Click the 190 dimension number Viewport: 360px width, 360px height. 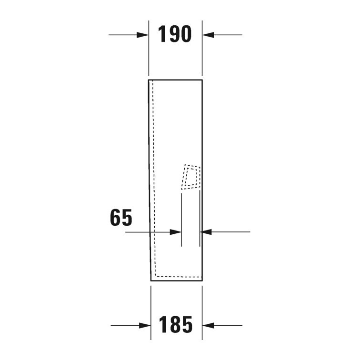click(x=174, y=34)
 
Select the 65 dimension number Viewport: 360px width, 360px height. click(x=120, y=219)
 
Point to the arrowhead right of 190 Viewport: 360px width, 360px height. click(x=208, y=35)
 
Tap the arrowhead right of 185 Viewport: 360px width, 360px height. click(x=208, y=326)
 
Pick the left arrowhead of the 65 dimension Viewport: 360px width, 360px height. click(x=176, y=232)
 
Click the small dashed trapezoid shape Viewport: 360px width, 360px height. click(x=191, y=177)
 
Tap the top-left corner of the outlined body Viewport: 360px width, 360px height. click(x=149, y=80)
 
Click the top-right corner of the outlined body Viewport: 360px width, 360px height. click(x=202, y=80)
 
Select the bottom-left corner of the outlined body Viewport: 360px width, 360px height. click(x=151, y=280)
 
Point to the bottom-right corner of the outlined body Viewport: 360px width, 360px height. click(x=202, y=280)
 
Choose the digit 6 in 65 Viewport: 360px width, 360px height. click(x=115, y=219)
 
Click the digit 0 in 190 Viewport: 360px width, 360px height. click(x=186, y=34)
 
